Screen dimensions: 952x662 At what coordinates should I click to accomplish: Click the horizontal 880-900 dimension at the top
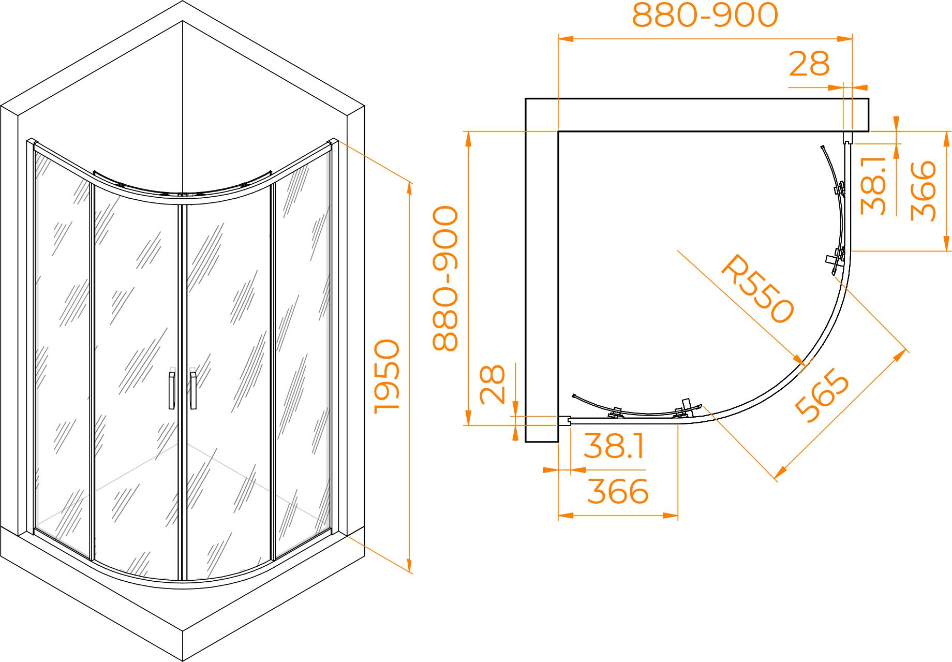coord(705,16)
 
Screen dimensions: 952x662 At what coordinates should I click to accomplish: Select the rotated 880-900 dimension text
coord(445,279)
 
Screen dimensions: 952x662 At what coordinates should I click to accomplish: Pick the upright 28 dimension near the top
coord(810,64)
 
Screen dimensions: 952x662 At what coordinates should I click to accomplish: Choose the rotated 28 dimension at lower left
coord(492,384)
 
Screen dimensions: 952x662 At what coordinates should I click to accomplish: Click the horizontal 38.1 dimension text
coord(614,446)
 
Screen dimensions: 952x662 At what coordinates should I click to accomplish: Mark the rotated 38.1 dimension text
coord(873,185)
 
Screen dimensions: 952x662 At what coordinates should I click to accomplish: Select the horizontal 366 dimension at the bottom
coord(618,491)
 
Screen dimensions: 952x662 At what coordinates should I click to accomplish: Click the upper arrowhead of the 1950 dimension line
coord(410,188)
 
